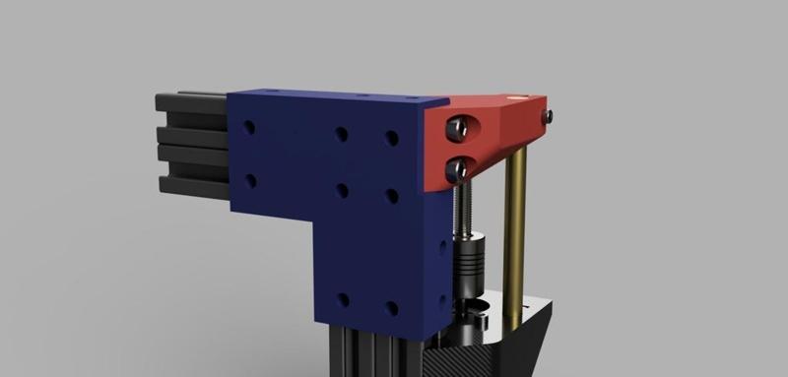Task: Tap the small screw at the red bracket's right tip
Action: tap(547, 116)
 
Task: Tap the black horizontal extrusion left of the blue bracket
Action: tap(192, 143)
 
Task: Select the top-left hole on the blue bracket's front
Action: tap(249, 128)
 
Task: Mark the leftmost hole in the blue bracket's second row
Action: tap(249, 180)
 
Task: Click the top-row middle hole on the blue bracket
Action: tap(341, 134)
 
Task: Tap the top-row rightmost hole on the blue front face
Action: tap(391, 138)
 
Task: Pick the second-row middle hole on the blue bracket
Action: tap(341, 190)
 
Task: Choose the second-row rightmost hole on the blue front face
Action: tap(391, 195)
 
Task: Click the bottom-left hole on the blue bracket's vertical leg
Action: tap(342, 299)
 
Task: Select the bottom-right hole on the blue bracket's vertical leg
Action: tap(391, 308)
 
